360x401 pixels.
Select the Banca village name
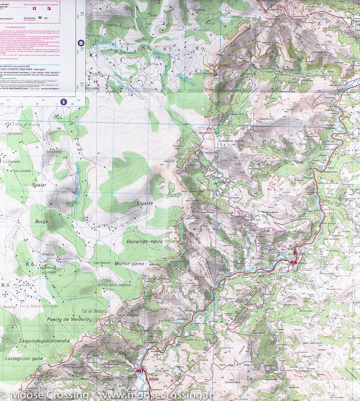[302, 263]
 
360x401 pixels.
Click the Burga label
[41, 221]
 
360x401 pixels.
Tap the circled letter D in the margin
[80, 43]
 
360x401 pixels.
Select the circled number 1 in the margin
[64, 102]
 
